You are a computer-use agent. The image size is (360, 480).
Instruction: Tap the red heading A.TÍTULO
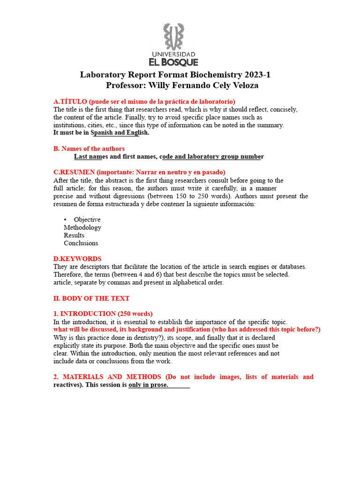70,102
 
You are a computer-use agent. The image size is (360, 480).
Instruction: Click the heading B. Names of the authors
89,149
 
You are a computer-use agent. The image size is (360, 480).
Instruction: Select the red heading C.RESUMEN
75,172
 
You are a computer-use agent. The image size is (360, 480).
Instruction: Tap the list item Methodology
82,227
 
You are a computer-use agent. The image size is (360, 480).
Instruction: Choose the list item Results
74,235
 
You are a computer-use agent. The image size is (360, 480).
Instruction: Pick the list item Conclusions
81,243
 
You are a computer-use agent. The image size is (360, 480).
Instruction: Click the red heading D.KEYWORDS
77,259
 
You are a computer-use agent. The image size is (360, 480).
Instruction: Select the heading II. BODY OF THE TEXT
91,298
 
